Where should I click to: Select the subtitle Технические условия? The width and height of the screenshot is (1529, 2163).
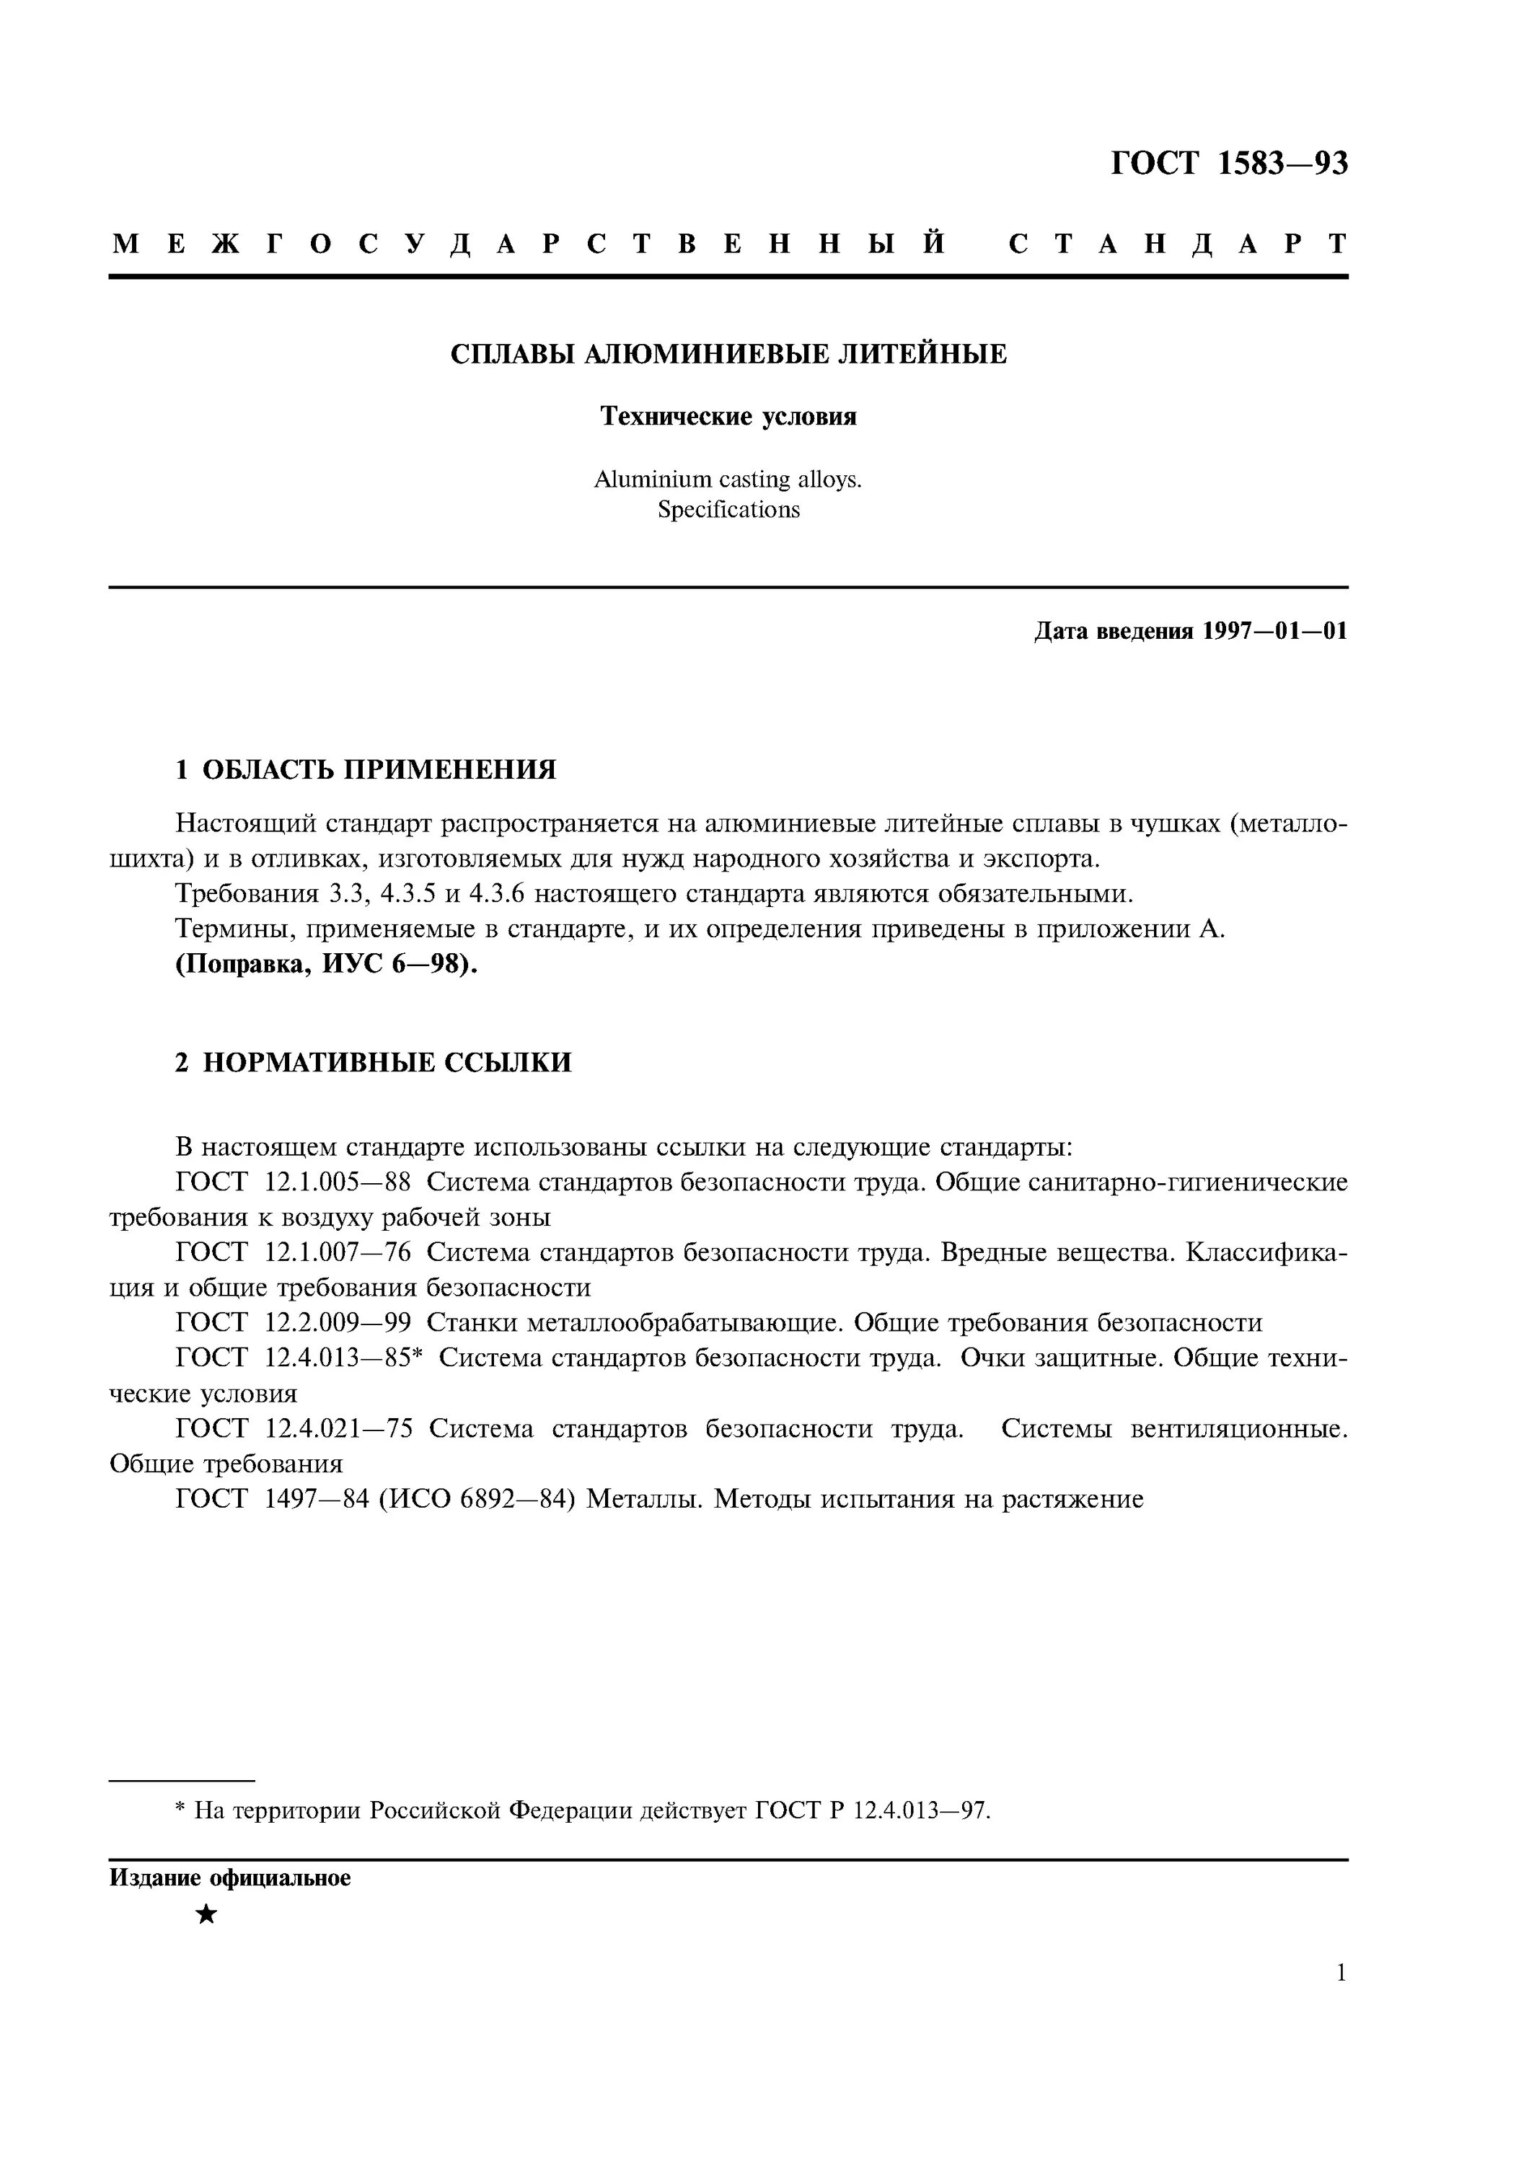[x=728, y=417]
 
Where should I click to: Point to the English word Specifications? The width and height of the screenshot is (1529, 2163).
[x=728, y=510]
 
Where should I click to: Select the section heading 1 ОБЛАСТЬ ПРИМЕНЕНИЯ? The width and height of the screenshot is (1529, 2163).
[x=366, y=770]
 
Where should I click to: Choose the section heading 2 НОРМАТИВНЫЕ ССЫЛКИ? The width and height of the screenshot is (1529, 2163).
[x=373, y=1063]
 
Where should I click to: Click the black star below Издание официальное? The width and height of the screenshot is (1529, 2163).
[x=206, y=1914]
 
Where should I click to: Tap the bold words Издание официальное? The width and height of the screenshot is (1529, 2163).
[x=230, y=1878]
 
